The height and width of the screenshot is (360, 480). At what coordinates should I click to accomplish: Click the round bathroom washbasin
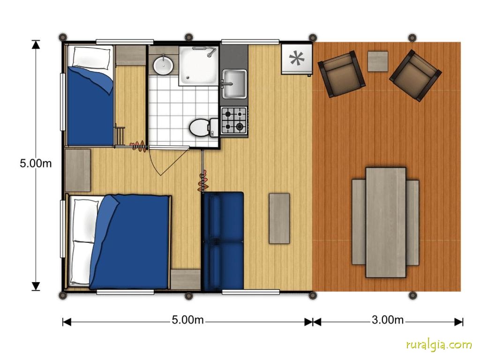pyautogui.click(x=163, y=65)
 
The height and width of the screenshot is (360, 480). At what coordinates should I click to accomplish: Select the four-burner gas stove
pyautogui.click(x=234, y=120)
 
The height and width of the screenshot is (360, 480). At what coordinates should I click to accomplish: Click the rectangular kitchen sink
pyautogui.click(x=234, y=83)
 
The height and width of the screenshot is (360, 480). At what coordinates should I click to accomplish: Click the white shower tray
pyautogui.click(x=199, y=66)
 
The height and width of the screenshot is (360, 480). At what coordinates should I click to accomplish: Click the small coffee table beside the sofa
pyautogui.click(x=279, y=218)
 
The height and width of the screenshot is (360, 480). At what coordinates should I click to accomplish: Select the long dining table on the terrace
pyautogui.click(x=386, y=222)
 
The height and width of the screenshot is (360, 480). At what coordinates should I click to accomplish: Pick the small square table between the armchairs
pyautogui.click(x=378, y=61)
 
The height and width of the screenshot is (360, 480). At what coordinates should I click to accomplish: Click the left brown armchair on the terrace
pyautogui.click(x=342, y=74)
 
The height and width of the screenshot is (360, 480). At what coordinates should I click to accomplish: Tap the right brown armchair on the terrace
pyautogui.click(x=415, y=75)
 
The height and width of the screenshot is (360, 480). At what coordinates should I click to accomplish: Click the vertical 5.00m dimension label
pyautogui.click(x=36, y=163)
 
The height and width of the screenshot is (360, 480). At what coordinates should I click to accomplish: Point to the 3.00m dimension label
pyautogui.click(x=388, y=320)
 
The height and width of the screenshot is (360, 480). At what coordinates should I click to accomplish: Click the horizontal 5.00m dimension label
pyautogui.click(x=187, y=320)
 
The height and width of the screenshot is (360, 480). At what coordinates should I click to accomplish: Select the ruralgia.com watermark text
pyautogui.click(x=439, y=345)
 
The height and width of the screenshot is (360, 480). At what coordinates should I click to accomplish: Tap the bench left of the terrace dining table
pyautogui.click(x=359, y=222)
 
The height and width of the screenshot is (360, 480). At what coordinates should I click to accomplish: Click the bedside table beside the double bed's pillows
pyautogui.click(x=78, y=170)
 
